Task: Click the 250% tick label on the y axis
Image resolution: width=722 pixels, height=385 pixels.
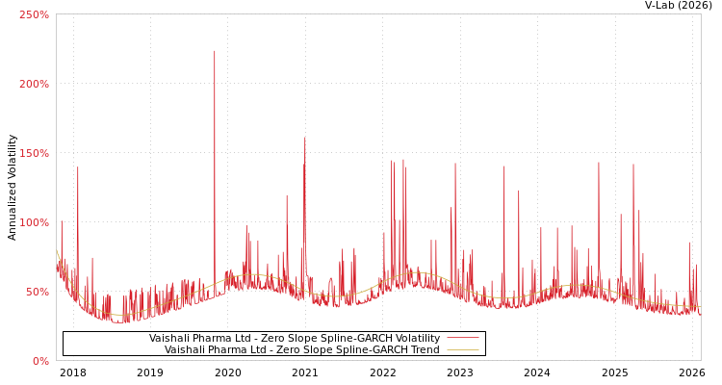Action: click(34, 14)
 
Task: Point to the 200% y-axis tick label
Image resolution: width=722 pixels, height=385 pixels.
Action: click(34, 84)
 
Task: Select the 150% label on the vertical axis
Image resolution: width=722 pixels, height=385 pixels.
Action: click(34, 153)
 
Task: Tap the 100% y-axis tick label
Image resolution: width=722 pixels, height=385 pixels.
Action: click(34, 222)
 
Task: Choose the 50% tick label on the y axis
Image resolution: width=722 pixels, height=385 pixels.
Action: click(37, 292)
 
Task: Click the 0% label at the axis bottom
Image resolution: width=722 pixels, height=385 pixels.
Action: click(40, 361)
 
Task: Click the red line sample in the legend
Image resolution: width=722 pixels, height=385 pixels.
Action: click(463, 339)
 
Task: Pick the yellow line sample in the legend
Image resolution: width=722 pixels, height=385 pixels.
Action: click(463, 350)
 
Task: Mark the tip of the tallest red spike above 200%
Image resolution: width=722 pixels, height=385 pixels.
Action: click(215, 51)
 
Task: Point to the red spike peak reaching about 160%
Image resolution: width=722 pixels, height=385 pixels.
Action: click(305, 138)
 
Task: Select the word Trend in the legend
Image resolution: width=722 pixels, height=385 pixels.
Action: click(424, 350)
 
